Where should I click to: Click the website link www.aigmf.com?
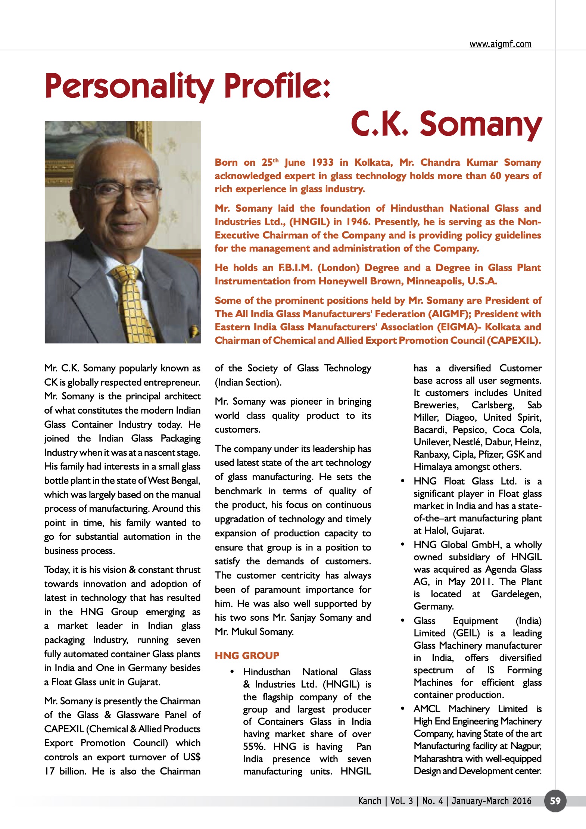[x=500, y=44]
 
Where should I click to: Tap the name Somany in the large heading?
[x=481, y=124]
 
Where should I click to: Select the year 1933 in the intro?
[x=322, y=162]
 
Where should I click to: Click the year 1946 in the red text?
[x=357, y=222]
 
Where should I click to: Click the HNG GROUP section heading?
[x=247, y=655]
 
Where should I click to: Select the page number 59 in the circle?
[x=555, y=801]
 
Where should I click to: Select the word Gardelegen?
[x=516, y=594]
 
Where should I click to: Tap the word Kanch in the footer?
[x=370, y=801]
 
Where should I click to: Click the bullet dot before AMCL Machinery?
[x=403, y=708]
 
